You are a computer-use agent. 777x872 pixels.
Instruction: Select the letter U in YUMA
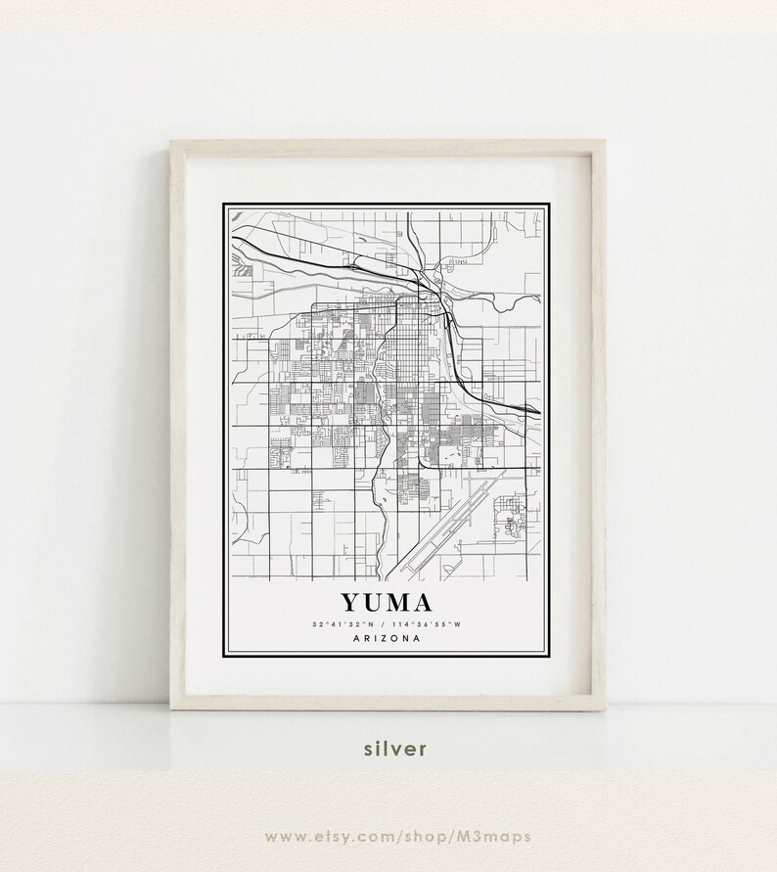pos(374,600)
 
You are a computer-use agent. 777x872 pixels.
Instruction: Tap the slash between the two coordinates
pos(386,623)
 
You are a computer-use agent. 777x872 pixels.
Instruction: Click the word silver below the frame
pos(395,749)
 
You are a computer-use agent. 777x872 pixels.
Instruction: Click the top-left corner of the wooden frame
pos(172,143)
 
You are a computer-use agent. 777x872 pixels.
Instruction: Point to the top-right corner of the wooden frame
pos(604,143)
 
